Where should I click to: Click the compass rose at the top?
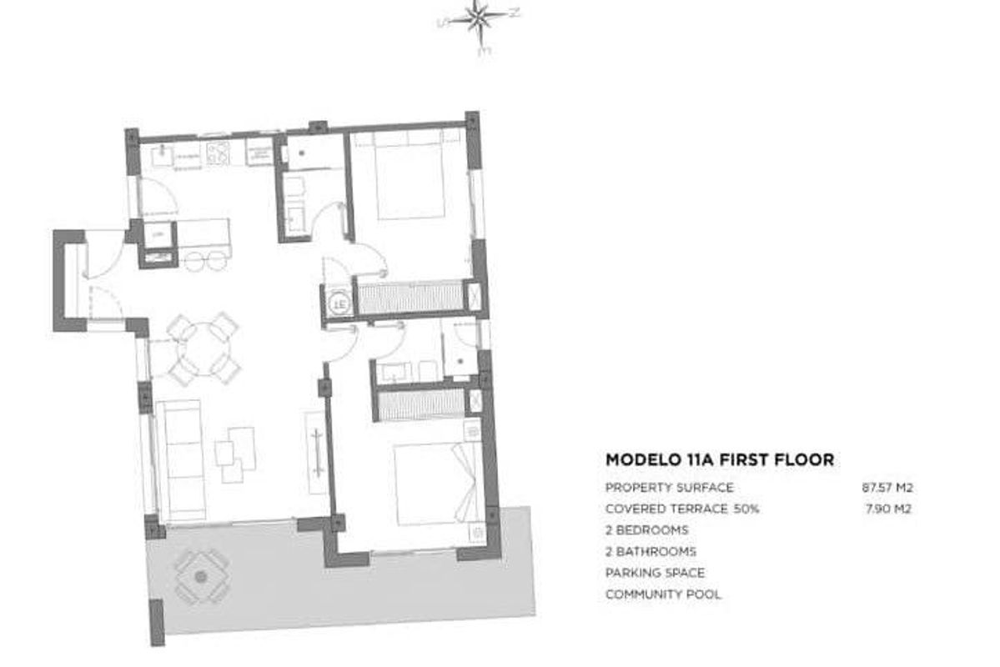point(478,18)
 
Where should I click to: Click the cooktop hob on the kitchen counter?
point(219,152)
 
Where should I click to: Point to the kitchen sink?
point(162,153)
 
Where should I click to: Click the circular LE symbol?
point(339,303)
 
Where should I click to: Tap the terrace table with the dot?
point(200,576)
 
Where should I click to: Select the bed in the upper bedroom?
point(408,176)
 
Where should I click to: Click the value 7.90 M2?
point(889,509)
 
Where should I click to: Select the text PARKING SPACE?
point(655,573)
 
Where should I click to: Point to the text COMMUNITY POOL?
point(663,594)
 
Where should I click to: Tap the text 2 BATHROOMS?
point(651,551)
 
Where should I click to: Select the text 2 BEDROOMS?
point(646,530)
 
